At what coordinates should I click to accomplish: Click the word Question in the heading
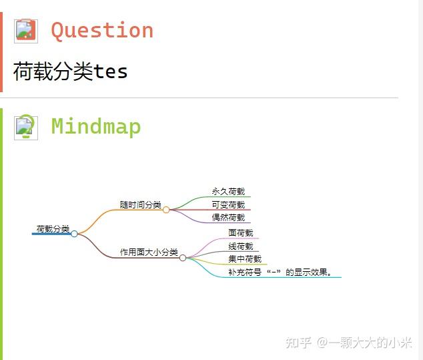click(102, 30)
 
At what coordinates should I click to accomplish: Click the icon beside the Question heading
click(26, 31)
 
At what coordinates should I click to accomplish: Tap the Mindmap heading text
click(96, 126)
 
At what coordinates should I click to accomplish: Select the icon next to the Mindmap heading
click(26, 127)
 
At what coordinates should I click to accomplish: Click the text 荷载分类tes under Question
click(70, 71)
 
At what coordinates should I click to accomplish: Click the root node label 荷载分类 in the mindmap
click(53, 228)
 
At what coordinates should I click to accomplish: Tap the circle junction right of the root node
click(75, 234)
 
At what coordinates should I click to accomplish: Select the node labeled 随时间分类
click(140, 204)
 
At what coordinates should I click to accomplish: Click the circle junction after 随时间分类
click(166, 210)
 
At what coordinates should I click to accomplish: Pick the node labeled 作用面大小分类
click(149, 252)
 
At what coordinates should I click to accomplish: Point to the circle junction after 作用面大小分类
click(183, 257)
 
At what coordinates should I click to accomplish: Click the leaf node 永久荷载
click(228, 191)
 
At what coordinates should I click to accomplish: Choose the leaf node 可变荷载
click(228, 204)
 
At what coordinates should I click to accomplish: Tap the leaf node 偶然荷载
click(228, 217)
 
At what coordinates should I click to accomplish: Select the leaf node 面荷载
click(240, 233)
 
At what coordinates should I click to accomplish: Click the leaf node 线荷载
click(240, 246)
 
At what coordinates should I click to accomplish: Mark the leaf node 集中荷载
click(244, 258)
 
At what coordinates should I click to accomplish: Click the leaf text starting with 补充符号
click(280, 272)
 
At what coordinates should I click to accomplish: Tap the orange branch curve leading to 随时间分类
click(93, 217)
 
